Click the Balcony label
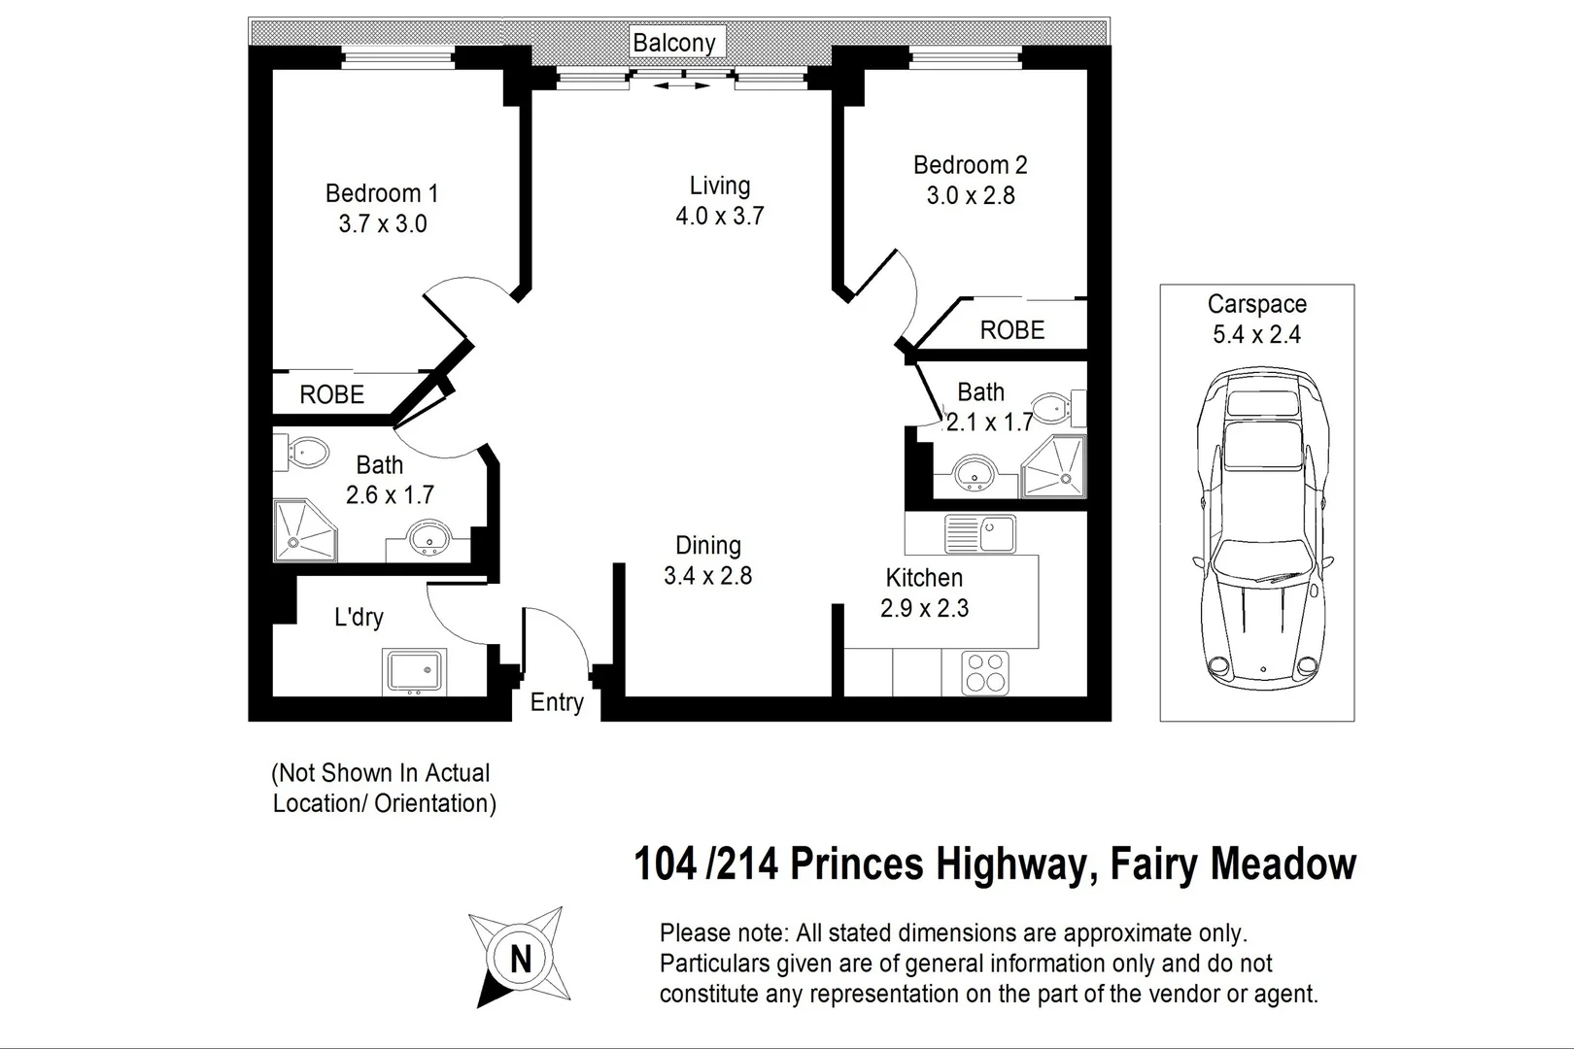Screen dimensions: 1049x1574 click(673, 43)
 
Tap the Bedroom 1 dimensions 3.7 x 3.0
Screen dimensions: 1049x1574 click(383, 224)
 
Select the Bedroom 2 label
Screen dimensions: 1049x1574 click(970, 165)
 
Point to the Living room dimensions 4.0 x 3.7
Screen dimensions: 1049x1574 click(720, 217)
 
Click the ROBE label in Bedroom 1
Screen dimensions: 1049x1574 click(332, 395)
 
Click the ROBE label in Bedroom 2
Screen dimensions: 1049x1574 click(1012, 330)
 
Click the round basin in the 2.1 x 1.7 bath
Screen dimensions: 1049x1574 click(973, 476)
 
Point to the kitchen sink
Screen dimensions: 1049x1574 click(979, 533)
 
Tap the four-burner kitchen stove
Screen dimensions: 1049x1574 click(985, 673)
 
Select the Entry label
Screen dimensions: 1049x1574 click(557, 702)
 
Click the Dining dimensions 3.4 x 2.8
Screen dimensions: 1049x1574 click(707, 576)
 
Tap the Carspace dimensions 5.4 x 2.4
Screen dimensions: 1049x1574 click(1256, 335)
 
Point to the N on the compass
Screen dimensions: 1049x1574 click(521, 960)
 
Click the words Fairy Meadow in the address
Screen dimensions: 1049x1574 click(1233, 863)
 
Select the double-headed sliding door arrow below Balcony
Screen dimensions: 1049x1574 click(681, 86)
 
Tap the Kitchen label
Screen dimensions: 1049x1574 click(924, 578)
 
